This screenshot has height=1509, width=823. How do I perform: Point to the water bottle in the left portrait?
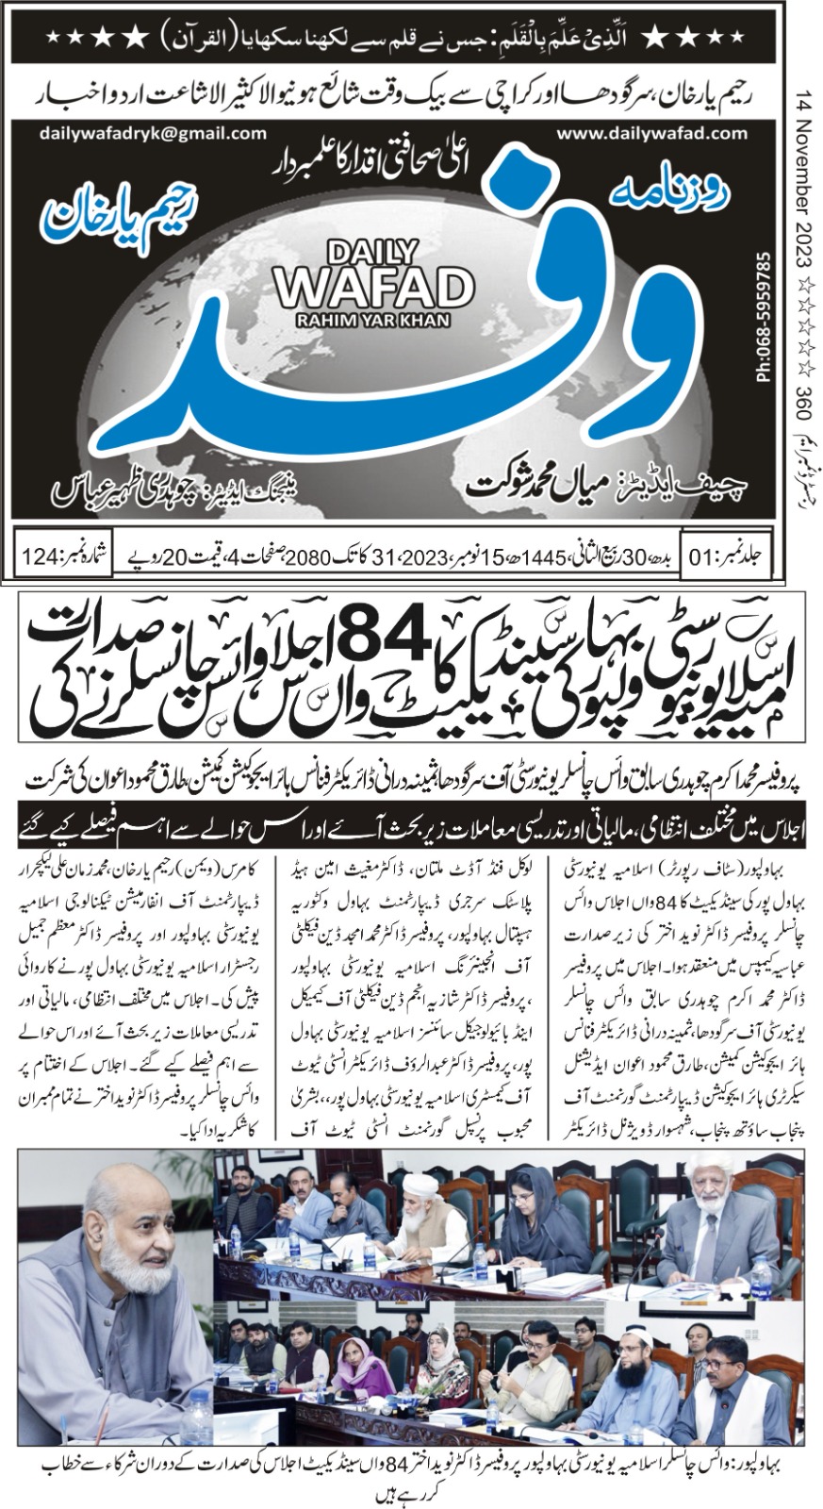pyautogui.click(x=201, y=1419)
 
